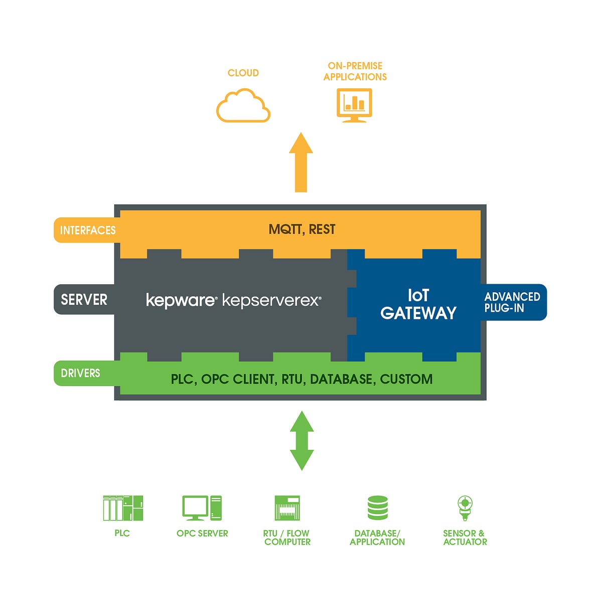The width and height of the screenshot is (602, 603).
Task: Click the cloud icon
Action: coord(243,106)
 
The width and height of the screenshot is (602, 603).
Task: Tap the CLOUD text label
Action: coord(243,73)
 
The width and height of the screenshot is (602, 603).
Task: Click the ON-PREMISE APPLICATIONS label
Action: coord(355,71)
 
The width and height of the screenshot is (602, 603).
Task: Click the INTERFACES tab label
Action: coord(88,230)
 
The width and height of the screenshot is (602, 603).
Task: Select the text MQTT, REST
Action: coord(302,229)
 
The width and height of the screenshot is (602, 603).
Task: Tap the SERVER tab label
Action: coord(84,300)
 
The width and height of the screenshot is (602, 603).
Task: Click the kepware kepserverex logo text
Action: coord(233,300)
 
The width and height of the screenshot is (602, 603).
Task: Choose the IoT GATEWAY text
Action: coord(418,304)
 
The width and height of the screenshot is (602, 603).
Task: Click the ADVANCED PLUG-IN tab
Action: coord(512,302)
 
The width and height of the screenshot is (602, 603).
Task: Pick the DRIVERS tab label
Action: coord(80,373)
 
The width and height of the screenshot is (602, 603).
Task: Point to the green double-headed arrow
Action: coord(302,440)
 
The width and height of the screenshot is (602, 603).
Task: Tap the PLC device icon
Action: coord(123,508)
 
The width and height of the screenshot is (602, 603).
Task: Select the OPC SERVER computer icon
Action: coord(202,508)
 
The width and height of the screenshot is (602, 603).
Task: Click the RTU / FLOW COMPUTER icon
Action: coord(287,508)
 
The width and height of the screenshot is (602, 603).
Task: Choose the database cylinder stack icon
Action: coord(377,508)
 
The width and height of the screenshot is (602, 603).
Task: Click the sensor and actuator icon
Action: coord(465,508)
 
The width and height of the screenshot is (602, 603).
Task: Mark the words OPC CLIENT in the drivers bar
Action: coord(238,379)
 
